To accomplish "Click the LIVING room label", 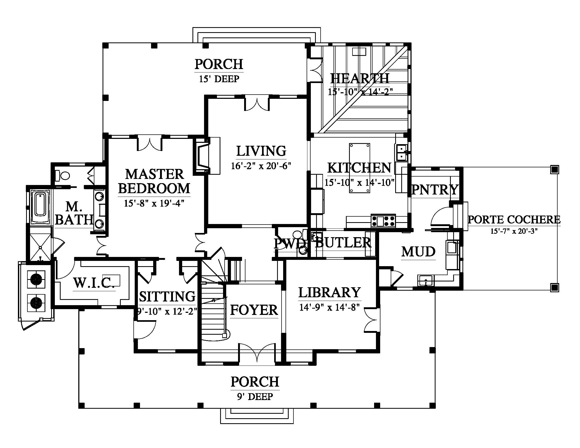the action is (x=261, y=151).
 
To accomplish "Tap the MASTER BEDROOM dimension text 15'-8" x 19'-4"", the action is (x=154, y=203).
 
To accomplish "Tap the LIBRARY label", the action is (x=330, y=292).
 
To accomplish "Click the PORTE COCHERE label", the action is (x=514, y=220).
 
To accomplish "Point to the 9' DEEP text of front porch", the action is (x=255, y=397).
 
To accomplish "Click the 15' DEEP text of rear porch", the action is (x=219, y=79).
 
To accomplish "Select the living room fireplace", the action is (x=207, y=155).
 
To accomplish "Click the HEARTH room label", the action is (x=360, y=79).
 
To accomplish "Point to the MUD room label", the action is (x=418, y=252).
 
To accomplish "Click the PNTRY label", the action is (x=435, y=189).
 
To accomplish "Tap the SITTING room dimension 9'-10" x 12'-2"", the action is (x=167, y=311).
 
